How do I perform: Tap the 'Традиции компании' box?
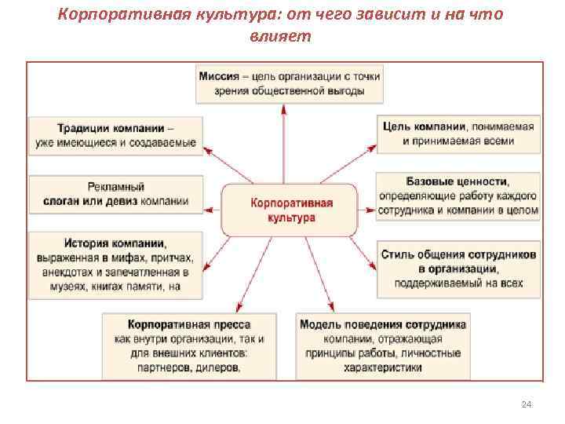(x=115, y=134)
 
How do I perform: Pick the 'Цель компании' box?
(x=458, y=133)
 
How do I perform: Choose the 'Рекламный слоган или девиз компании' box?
(x=115, y=193)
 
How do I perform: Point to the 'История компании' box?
(x=115, y=263)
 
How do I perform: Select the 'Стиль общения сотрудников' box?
(x=458, y=269)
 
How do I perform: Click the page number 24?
(x=527, y=404)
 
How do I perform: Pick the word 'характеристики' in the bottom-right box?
(x=382, y=366)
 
